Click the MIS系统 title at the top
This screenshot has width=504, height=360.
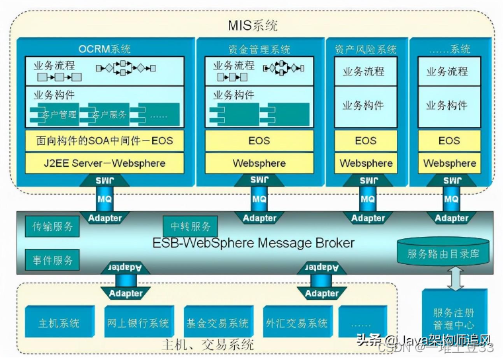click(x=252, y=26)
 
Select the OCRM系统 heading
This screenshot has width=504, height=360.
click(x=105, y=49)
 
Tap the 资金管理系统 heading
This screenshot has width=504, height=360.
click(x=259, y=49)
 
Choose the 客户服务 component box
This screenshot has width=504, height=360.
click(x=109, y=114)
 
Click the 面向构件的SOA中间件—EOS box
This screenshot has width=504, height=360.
click(x=105, y=140)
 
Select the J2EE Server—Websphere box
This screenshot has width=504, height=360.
click(x=105, y=163)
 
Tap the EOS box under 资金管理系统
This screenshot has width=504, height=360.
click(x=259, y=140)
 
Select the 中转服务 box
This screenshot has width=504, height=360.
click(x=190, y=226)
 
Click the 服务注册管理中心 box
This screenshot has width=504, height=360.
click(x=454, y=318)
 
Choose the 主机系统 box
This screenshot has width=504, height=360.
click(x=59, y=323)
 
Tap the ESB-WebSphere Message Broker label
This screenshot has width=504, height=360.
click(x=253, y=243)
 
